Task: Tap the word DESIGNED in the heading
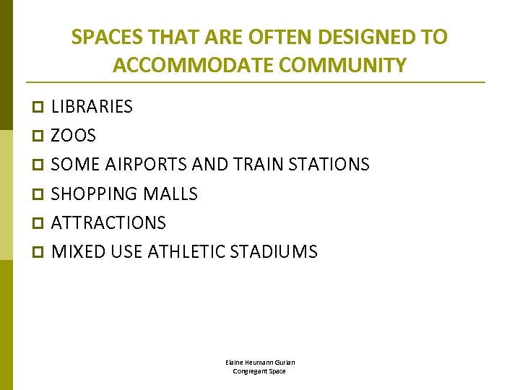(x=352, y=37)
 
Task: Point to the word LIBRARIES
(x=92, y=107)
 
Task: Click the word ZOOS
(x=73, y=136)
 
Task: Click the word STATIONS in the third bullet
(x=329, y=165)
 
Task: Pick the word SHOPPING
(x=95, y=194)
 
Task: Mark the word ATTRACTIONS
(x=108, y=222)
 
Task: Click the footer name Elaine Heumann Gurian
(x=259, y=362)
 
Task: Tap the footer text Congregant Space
(x=259, y=371)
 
